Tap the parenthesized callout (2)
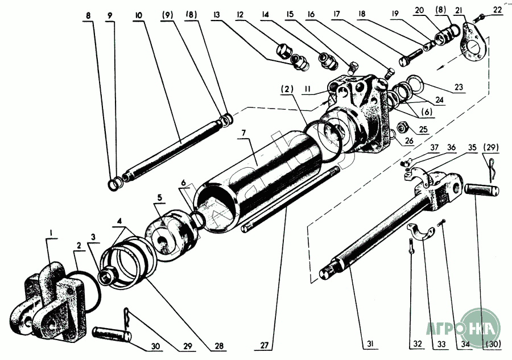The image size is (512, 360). click(x=286, y=88)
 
